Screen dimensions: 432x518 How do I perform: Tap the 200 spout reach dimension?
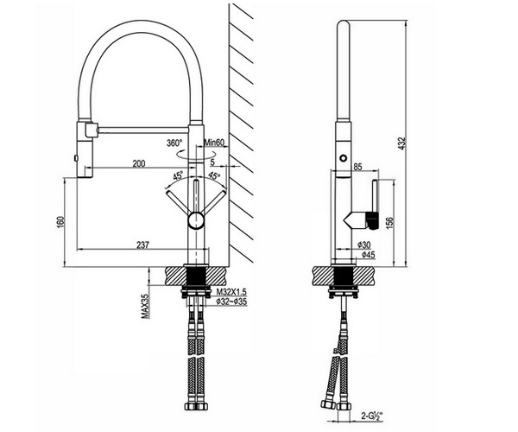[139, 163]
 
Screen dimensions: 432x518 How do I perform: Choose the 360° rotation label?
[175, 143]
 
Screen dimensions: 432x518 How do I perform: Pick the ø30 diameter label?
[364, 245]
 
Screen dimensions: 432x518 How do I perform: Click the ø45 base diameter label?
[367, 255]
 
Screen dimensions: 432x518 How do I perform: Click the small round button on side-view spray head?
[343, 158]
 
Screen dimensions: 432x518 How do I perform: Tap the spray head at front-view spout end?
[84, 149]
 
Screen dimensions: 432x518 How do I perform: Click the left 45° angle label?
[179, 176]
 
